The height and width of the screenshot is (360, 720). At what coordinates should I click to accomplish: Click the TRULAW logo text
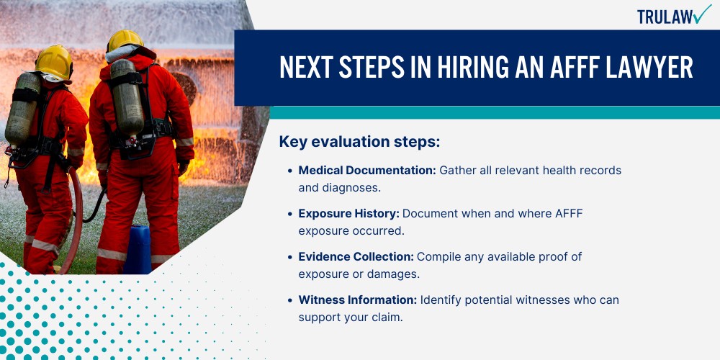click(665, 17)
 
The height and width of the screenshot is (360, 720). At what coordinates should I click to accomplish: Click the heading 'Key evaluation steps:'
click(359, 143)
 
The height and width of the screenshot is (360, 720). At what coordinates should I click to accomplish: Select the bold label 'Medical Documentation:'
click(367, 171)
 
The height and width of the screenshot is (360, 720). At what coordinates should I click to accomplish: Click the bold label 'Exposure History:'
click(349, 214)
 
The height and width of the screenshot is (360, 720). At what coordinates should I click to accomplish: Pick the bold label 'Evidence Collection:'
click(356, 257)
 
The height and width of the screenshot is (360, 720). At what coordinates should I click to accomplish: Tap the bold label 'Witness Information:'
click(358, 300)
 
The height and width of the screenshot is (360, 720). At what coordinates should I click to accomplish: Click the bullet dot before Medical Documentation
click(289, 171)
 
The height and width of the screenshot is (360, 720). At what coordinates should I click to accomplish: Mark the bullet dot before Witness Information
click(289, 300)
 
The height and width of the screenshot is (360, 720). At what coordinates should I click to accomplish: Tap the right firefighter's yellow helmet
click(125, 41)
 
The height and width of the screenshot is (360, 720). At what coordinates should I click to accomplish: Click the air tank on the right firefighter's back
click(126, 96)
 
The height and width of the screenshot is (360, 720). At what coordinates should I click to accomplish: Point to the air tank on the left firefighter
click(22, 109)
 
